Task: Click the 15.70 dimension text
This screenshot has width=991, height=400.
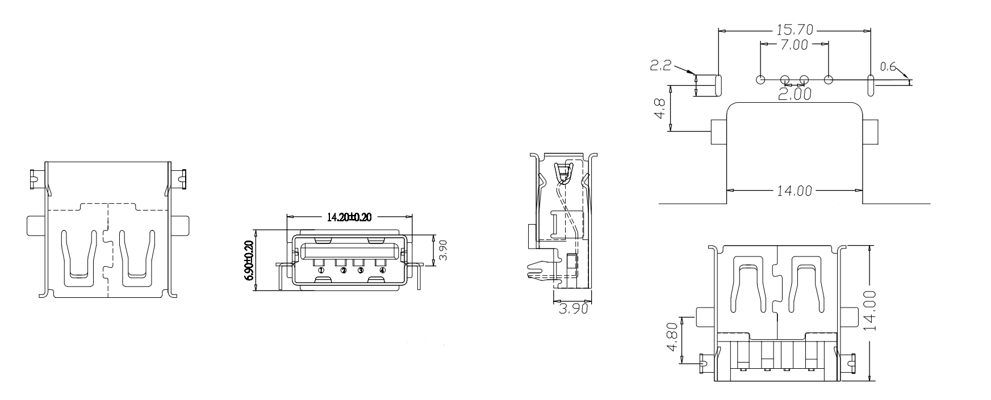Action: pos(795,29)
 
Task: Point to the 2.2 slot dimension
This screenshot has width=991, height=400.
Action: pos(660,66)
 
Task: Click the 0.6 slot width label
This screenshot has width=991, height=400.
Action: pos(888,68)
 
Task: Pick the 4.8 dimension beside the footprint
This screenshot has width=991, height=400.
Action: pos(660,108)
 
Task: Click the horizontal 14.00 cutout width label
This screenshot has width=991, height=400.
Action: pos(795,191)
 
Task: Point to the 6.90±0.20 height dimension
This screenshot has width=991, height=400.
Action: pos(248,260)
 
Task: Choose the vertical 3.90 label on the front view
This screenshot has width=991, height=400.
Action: pos(444,250)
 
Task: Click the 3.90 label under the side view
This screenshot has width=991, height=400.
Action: pos(573,309)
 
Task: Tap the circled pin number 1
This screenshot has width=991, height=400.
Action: pos(321,271)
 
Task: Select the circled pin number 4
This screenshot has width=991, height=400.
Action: pos(382,271)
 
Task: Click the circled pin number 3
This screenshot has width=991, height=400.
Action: pos(360,271)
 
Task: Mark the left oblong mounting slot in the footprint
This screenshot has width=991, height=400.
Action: pos(718,84)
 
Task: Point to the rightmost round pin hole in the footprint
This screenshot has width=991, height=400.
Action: pos(829,79)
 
